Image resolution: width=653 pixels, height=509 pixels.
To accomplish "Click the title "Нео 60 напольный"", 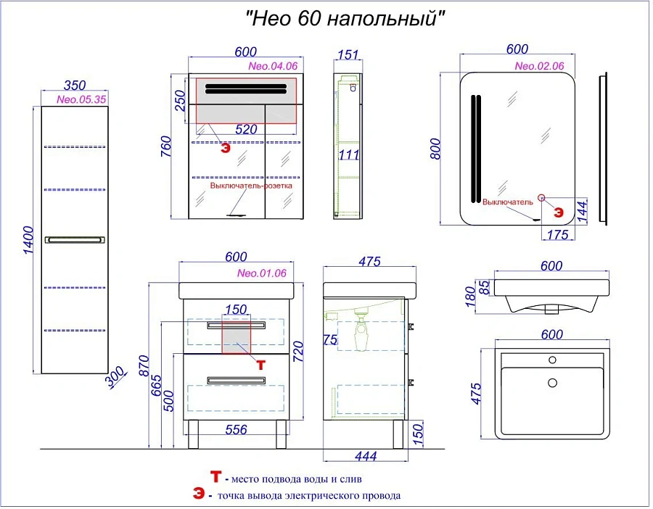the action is coord(345,18).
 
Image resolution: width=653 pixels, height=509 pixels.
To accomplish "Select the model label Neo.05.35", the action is coord(81,99).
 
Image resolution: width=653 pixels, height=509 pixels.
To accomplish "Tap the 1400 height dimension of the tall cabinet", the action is coord(28,240).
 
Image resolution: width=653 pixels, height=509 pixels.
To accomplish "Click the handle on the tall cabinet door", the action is coord(75,240).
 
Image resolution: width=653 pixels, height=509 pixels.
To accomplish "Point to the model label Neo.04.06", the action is coord(273,66).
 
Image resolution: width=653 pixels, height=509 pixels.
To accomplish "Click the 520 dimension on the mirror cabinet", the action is coord(246,130).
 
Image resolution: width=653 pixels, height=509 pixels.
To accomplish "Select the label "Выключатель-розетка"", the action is coord(251,186).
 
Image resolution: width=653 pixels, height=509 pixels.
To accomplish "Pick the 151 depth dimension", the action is coord(348,54).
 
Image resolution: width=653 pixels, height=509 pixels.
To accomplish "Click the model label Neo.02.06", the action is coord(539,66).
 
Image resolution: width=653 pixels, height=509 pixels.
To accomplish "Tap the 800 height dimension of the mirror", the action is coord(435,149).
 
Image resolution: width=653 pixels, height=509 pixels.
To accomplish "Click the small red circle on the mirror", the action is coord(541,198).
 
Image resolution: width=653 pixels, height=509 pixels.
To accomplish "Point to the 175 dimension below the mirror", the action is coord(558,235).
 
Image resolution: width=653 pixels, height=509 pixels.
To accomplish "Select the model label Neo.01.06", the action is coord(261,273).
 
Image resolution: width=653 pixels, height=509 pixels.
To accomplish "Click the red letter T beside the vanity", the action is coord(260,365).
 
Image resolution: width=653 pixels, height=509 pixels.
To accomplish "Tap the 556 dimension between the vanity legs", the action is coord(236,429).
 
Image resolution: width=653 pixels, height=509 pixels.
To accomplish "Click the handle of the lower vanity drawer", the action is coord(236,381).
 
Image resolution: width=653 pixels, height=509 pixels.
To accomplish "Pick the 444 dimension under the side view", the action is coord(366,456).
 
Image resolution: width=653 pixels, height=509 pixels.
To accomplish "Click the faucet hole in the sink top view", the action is coord(552,360).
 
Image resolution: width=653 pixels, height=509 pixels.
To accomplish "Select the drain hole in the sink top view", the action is coord(552,382).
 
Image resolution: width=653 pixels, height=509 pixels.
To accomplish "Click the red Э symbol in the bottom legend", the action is coord(199,494).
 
